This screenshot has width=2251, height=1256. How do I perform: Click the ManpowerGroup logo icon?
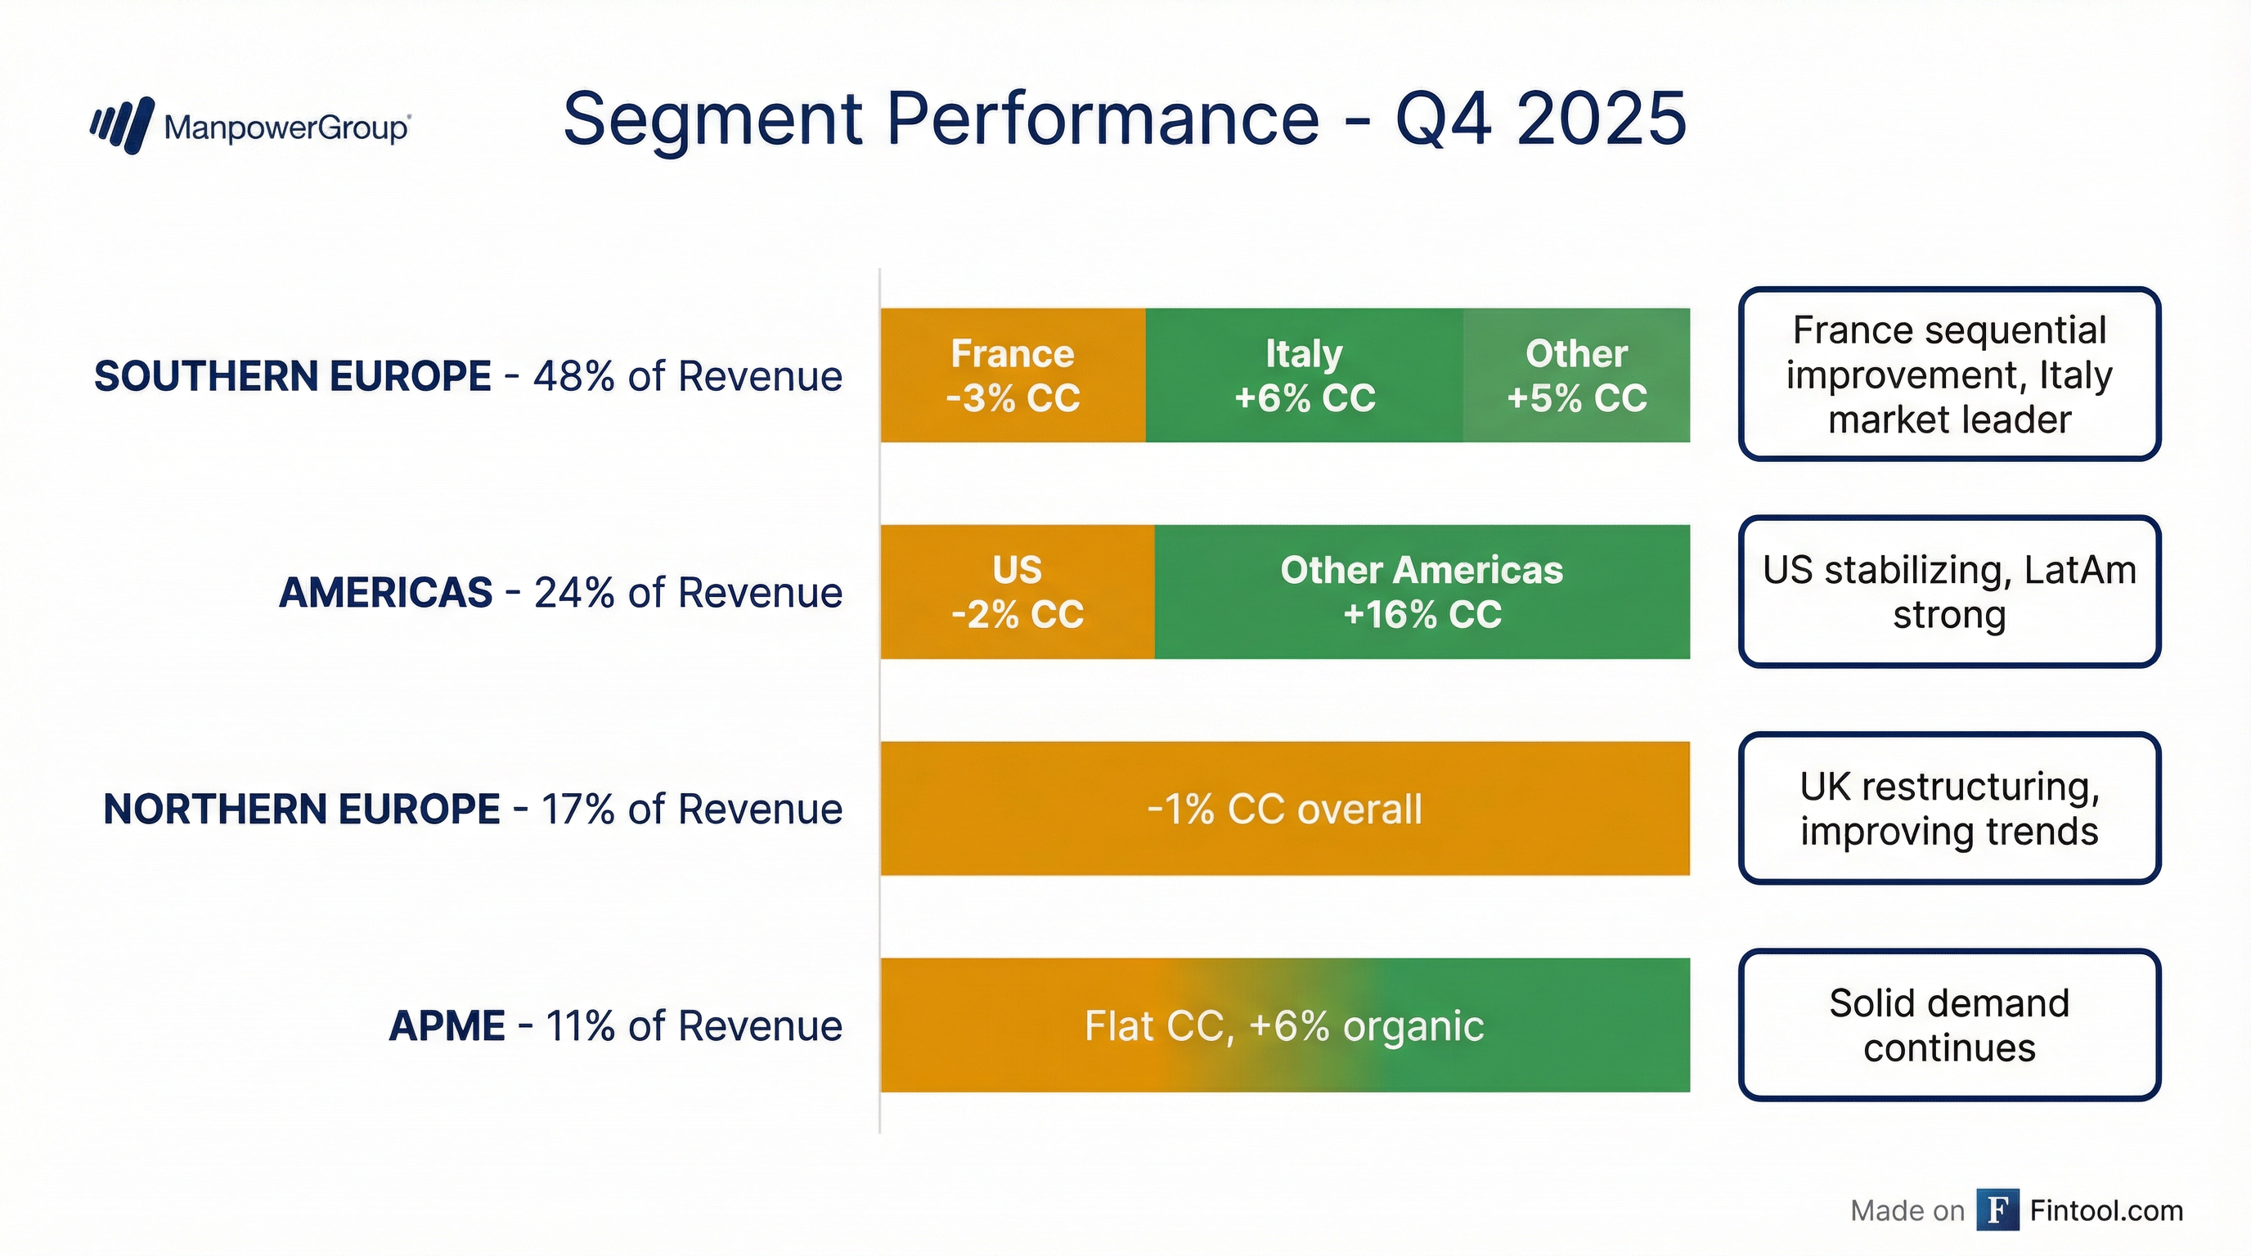[124, 126]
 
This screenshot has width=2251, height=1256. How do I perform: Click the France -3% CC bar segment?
[1013, 375]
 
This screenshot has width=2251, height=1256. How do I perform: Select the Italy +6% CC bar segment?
[1304, 375]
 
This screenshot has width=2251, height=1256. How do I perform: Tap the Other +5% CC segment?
[1576, 375]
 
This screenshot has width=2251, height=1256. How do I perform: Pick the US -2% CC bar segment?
[1018, 592]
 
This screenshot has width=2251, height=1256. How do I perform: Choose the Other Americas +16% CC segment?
[1422, 592]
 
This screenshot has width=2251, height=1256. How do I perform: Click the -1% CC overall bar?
[1284, 809]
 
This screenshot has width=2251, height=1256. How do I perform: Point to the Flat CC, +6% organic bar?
[1284, 1025]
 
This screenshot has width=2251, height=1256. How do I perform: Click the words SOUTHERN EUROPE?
[293, 376]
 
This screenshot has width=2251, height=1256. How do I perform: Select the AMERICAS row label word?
[385, 593]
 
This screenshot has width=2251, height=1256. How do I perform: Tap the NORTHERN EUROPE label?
[302, 810]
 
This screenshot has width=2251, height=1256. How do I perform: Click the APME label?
[447, 1026]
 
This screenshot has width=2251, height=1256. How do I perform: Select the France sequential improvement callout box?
[1949, 375]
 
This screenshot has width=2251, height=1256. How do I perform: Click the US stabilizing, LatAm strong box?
[1949, 592]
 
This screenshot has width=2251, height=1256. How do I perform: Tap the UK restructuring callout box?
[1949, 809]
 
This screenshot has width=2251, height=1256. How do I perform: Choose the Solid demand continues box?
[1949, 1025]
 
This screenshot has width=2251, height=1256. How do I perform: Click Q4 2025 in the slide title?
[1540, 119]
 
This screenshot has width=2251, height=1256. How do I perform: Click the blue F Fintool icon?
[1997, 1209]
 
